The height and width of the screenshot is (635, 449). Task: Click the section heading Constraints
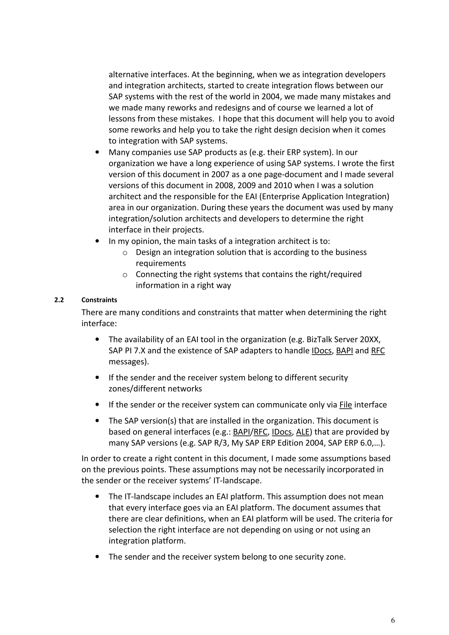coord(99,300)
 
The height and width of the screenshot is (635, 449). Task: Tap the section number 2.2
coord(59,300)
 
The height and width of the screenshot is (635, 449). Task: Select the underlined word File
coord(346,405)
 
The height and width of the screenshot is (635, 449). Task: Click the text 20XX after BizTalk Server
coord(371,339)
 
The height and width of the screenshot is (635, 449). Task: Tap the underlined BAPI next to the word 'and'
coord(344,351)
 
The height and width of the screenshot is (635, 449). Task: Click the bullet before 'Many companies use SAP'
coord(97,152)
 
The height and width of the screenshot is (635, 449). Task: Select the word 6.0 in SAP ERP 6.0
coord(365,443)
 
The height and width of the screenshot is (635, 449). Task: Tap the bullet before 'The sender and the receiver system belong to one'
coord(97,557)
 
